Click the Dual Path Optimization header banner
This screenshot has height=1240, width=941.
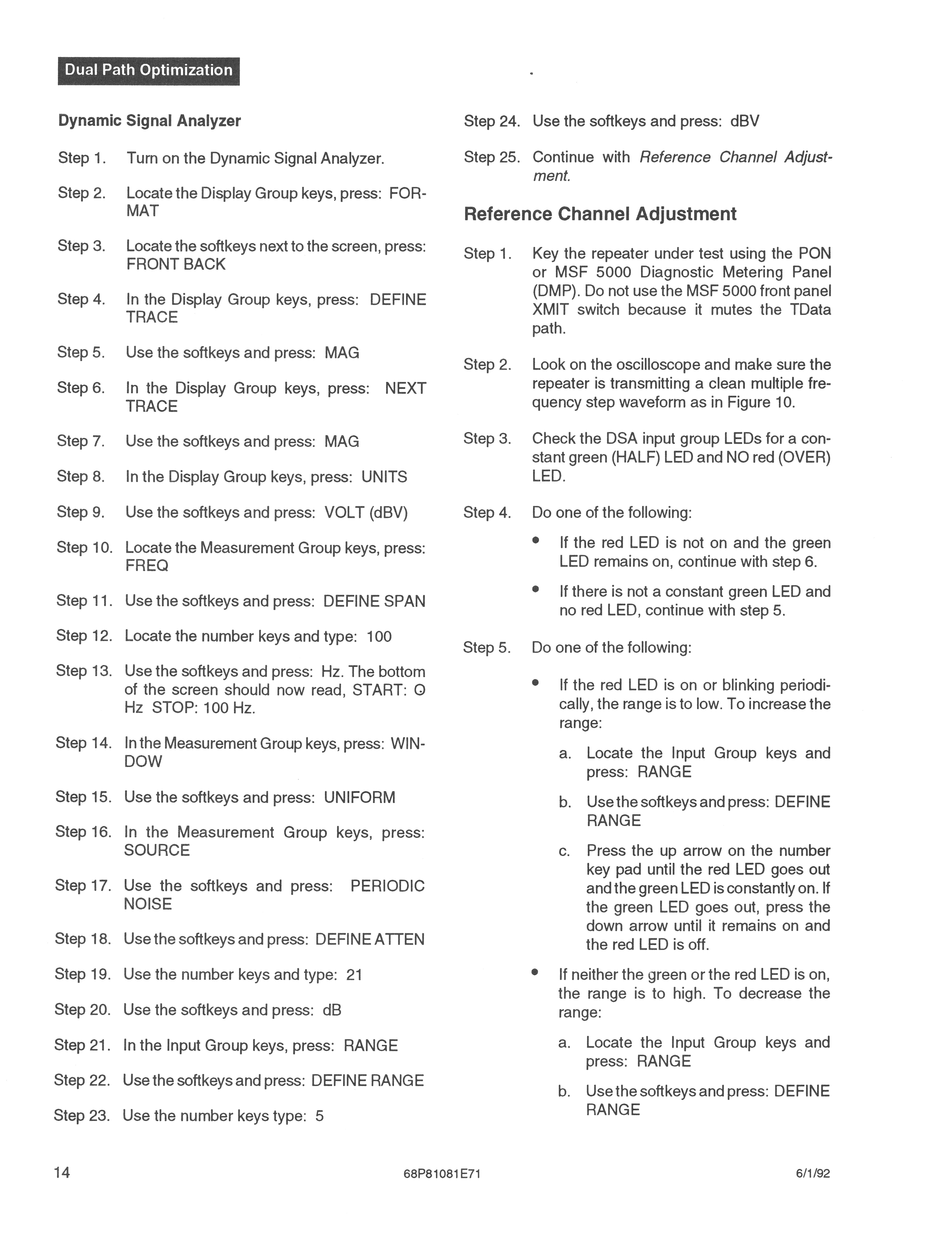click(149, 71)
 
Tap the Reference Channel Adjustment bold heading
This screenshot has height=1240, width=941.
click(600, 214)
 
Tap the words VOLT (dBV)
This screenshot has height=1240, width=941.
click(366, 512)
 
